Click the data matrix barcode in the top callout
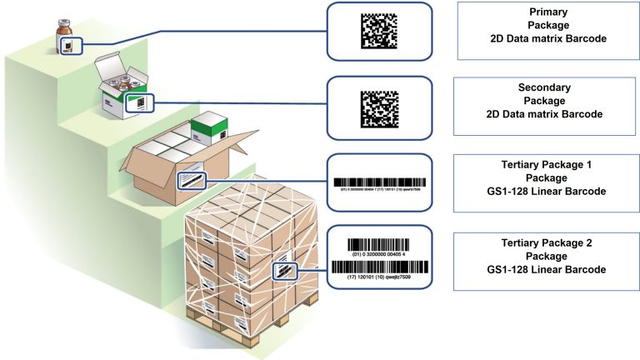tap(379, 31)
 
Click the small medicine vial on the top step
tap(66, 36)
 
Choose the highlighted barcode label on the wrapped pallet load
tap(286, 271)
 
